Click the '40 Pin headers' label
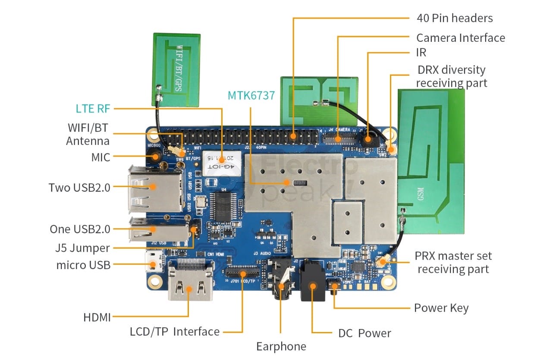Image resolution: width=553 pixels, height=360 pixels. pos(454,18)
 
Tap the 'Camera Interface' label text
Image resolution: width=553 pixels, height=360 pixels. pos(460,38)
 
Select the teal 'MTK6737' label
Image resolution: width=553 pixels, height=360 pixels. pos(251,95)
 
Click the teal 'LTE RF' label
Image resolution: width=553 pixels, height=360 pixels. pos(93,108)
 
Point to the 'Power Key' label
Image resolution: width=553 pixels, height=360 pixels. pos(441,308)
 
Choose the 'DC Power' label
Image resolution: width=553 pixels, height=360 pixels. pos(364,333)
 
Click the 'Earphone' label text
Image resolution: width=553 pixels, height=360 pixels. pos(281,346)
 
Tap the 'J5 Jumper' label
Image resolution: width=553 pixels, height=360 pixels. pos(82,248)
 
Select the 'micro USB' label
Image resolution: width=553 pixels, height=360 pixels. pos(83,265)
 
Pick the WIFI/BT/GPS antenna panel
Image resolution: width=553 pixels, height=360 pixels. pos(176,69)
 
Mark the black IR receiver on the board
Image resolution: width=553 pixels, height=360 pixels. pos(368,139)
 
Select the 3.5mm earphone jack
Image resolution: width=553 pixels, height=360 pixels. pos(281,283)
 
